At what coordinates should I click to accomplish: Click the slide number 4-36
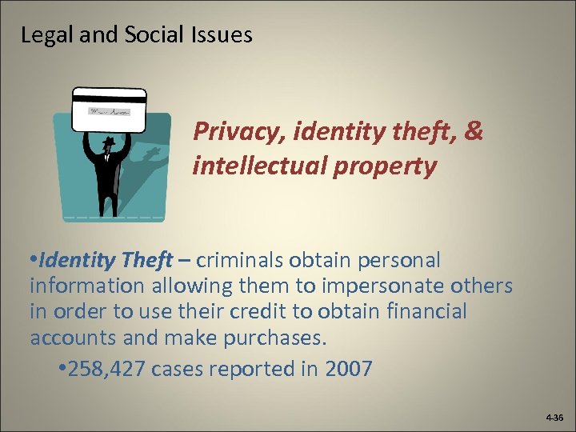click(554, 418)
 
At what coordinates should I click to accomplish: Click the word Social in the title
click(148, 35)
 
